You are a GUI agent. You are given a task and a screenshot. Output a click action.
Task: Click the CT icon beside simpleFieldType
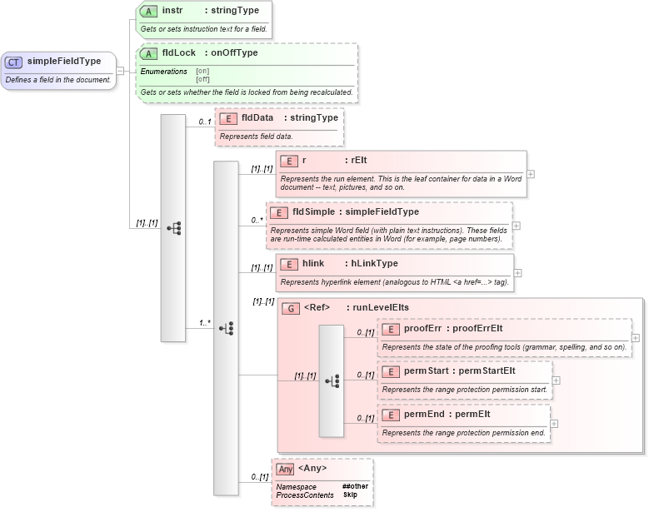pos(14,61)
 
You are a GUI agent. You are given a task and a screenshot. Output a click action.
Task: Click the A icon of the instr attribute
pos(148,12)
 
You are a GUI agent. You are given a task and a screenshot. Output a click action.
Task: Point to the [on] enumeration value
pos(202,72)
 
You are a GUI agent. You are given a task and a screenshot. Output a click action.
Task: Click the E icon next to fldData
pos(227,118)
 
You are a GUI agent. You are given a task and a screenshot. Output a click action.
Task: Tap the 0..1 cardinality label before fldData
pos(204,122)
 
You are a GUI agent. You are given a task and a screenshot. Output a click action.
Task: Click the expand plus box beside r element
pos(531,174)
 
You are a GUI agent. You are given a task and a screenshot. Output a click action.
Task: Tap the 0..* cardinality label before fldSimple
pos(257,221)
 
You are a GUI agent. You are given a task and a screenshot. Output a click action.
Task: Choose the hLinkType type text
pos(374,264)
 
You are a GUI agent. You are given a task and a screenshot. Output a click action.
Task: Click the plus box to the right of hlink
pos(517,272)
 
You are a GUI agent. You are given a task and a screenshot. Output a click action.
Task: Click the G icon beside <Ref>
pos(291,308)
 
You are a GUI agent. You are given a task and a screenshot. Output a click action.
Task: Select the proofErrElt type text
pos(477,328)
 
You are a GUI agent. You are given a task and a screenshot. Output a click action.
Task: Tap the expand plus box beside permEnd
pos(553,423)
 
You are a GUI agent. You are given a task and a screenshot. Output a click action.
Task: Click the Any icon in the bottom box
pos(285,469)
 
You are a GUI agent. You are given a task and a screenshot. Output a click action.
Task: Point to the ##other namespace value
pos(355,485)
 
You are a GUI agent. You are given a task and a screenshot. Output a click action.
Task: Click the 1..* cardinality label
pos(204,322)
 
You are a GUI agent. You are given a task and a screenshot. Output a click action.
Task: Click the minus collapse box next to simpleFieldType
pos(121,70)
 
